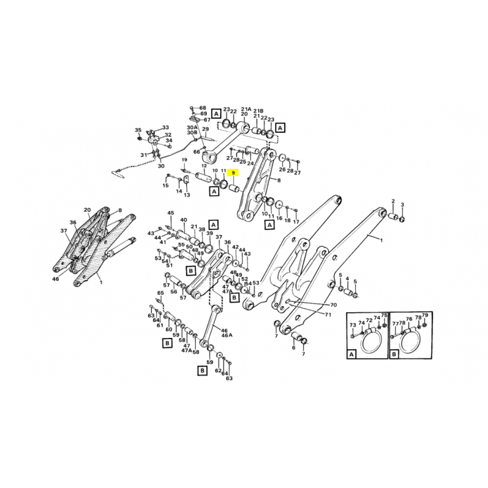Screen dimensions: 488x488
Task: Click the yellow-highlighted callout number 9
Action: pos(233,173)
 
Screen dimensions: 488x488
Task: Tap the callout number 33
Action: pos(165,127)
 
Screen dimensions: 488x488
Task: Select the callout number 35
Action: pos(138,131)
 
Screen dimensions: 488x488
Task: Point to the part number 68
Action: pos(203,108)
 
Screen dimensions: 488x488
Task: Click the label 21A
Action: pos(246,107)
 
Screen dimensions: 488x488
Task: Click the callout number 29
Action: pos(206,129)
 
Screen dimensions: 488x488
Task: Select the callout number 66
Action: pos(196,152)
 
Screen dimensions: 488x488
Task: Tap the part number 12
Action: pos(204,166)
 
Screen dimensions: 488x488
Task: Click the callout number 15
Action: pos(165,185)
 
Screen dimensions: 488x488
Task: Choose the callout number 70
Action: pos(333,304)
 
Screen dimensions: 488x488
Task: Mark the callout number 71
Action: pos(328,315)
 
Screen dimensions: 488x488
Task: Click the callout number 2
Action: pos(393,201)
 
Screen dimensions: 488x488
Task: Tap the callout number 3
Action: pos(403,204)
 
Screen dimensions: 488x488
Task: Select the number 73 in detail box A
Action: pos(353,326)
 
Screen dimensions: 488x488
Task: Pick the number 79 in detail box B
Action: pos(426,315)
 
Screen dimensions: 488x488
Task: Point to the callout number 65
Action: pos(161,293)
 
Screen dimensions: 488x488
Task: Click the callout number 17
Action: pos(296,221)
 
